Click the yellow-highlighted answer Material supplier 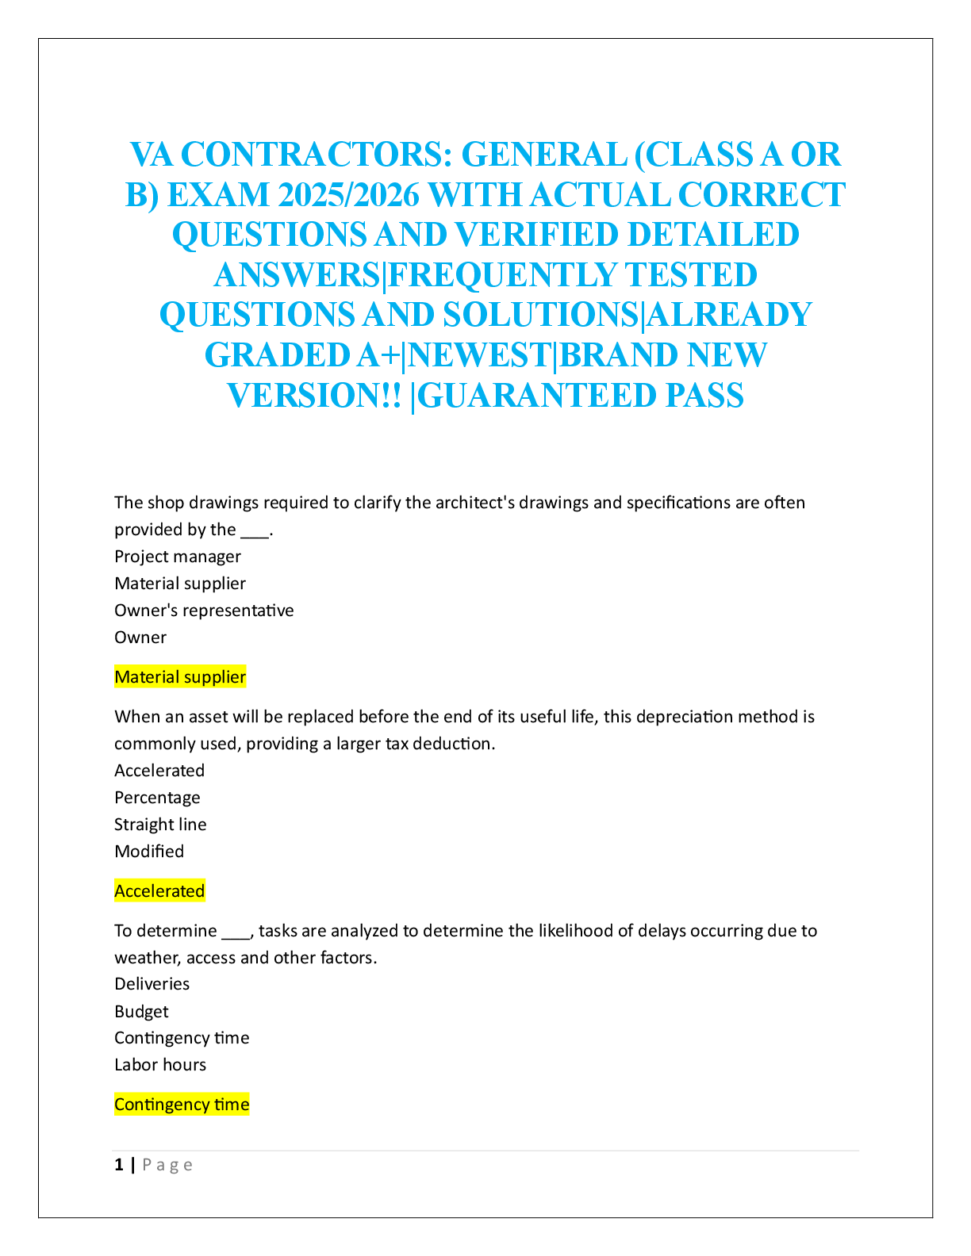click(180, 677)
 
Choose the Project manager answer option click(178, 557)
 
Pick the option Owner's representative click(204, 611)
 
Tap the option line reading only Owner click(140, 638)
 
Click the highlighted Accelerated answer click(159, 891)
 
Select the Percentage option click(157, 798)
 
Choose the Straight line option click(160, 825)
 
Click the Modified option click(149, 852)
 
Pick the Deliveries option click(152, 984)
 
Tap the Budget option click(142, 1012)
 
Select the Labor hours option click(160, 1065)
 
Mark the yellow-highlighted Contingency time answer click(182, 1105)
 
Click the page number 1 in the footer click(119, 1165)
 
